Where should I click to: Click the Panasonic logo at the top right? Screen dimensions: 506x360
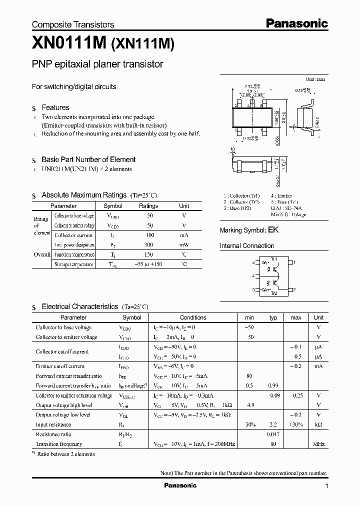click(296, 23)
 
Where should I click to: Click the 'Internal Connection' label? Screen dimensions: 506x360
click(247, 246)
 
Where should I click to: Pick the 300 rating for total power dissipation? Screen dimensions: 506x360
click(148, 245)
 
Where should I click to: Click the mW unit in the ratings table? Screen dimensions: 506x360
click(184, 245)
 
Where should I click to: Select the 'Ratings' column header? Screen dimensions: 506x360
click(148, 206)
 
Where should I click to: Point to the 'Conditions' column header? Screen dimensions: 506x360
click(193, 317)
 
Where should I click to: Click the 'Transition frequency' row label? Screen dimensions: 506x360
click(59, 444)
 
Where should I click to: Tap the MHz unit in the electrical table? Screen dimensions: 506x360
click(318, 444)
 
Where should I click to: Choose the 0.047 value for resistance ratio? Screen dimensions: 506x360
click(273, 434)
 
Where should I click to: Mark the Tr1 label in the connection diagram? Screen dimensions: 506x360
click(273, 258)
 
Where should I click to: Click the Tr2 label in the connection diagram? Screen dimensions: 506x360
click(273, 293)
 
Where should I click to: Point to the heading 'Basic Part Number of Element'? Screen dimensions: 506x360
click(88, 159)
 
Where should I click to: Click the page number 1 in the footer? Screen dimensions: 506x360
click(326, 486)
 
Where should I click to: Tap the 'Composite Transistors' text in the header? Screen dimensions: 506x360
click(73, 24)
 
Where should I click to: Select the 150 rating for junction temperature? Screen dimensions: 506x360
click(148, 254)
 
